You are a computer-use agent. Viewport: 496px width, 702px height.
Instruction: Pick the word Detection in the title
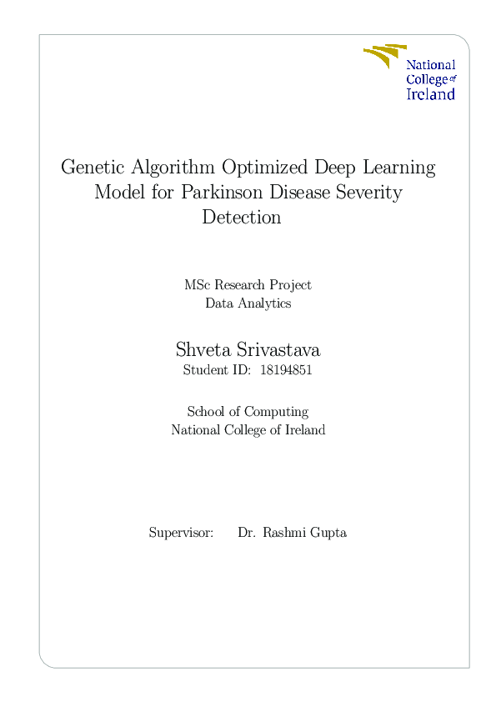coord(241,218)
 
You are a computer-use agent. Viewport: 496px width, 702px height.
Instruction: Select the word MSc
coord(197,285)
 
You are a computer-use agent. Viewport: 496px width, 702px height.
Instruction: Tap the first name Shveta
coord(201,348)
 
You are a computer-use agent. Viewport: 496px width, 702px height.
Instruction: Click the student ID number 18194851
coord(286,371)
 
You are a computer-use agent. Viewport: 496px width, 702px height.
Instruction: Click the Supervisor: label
coord(181,532)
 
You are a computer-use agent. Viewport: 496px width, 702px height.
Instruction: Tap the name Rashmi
coord(285,532)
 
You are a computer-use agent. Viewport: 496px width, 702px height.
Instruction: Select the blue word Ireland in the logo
coord(430,94)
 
